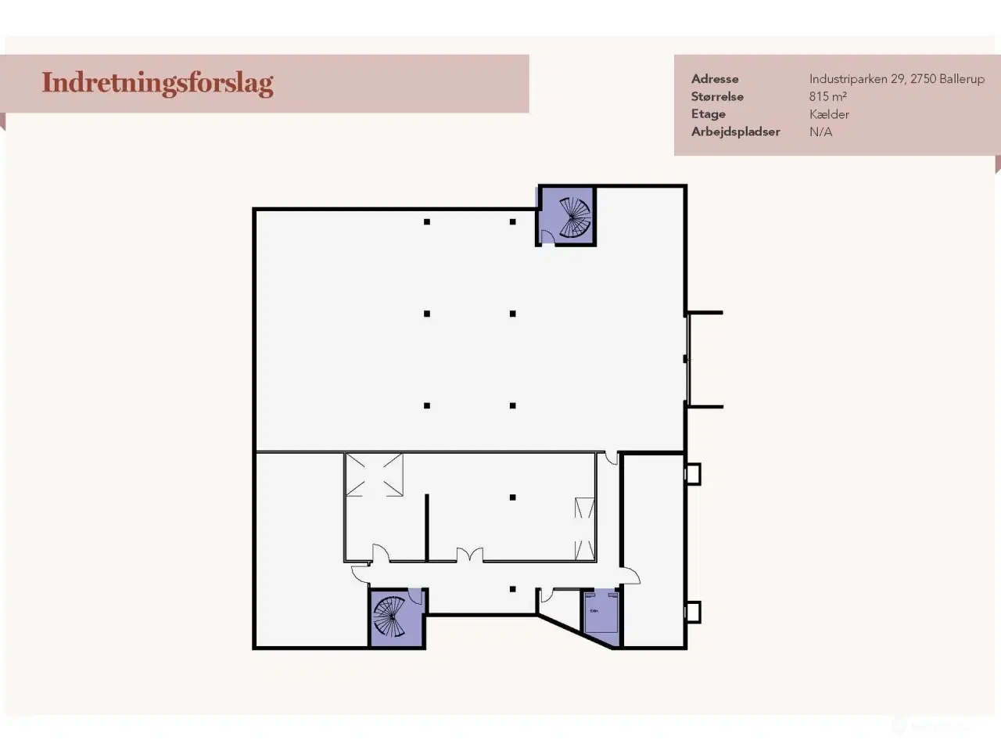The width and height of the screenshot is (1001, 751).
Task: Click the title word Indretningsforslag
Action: [157, 83]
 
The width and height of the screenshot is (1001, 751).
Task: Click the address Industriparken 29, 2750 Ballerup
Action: [896, 79]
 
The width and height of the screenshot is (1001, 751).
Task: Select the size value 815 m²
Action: [828, 97]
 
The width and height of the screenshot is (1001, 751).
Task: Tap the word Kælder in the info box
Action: [829, 114]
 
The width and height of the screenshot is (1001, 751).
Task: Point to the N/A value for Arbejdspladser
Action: [820, 132]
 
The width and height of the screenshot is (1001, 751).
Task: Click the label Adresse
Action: [715, 79]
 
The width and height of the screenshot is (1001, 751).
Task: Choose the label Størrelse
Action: [717, 97]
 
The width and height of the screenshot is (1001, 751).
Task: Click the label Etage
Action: [708, 114]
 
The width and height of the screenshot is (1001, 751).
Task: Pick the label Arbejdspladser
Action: [735, 132]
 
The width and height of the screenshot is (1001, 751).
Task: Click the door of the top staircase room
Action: [547, 237]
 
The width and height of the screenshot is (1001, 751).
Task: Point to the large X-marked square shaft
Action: [375, 474]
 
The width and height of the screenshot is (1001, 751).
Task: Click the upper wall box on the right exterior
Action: [692, 474]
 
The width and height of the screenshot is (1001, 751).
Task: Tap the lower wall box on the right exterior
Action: [692, 611]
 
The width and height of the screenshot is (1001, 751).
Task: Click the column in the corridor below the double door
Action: [512, 589]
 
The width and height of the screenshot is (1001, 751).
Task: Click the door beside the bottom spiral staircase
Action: [415, 598]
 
